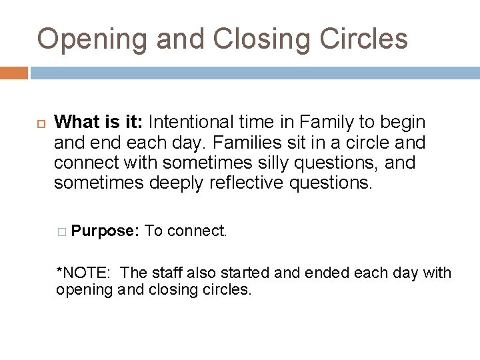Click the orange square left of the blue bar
pos(14,72)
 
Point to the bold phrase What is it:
pos(99,123)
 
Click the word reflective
pos(244,183)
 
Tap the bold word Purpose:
pos(105,231)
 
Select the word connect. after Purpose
pos(198,231)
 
